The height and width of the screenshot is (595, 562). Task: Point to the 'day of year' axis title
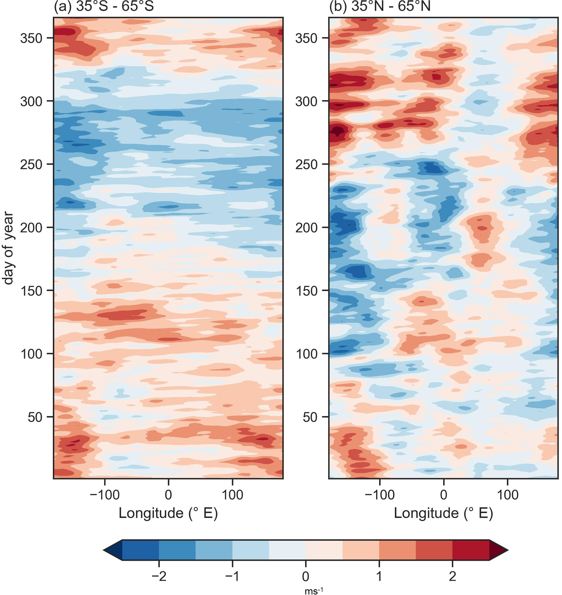point(8,248)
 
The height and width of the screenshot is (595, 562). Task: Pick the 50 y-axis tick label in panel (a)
point(35,417)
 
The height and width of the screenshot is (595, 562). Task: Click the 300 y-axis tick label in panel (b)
point(306,101)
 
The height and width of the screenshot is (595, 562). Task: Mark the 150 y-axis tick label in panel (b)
point(306,291)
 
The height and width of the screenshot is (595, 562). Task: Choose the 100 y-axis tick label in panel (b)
point(306,354)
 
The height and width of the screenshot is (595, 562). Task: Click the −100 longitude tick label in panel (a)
point(105,495)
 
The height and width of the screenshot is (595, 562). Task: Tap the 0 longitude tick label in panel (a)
point(168,495)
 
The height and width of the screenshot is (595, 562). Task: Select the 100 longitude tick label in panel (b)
point(507,495)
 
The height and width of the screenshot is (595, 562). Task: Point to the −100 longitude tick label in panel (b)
point(380,495)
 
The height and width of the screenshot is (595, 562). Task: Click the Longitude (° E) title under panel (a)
point(168,513)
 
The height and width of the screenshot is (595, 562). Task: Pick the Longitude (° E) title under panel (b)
point(443,513)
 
